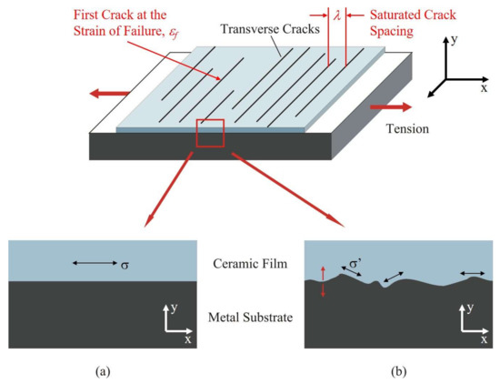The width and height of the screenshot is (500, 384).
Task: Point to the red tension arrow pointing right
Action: point(383,106)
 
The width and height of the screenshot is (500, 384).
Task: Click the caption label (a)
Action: point(101,372)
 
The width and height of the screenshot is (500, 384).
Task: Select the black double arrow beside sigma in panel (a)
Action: point(95,263)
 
